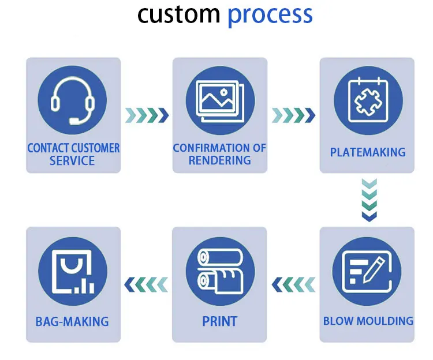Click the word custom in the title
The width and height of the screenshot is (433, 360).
coord(178,15)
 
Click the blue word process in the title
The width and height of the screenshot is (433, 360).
coord(270,16)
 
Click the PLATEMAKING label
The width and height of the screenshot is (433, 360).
coord(368,152)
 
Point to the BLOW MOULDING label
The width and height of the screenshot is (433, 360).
coord(368,321)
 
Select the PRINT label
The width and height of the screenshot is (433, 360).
coord(220,321)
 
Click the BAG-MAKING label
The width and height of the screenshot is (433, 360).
coord(72,321)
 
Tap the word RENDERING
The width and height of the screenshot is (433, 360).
coord(220,160)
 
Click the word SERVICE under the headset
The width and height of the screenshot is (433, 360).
coord(72,161)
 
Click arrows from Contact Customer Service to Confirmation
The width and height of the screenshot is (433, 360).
coord(147,115)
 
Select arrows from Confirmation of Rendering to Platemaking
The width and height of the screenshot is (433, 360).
coord(293,115)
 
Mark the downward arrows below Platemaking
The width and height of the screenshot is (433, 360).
coord(368,200)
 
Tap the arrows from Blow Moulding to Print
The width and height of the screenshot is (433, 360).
coord(293,284)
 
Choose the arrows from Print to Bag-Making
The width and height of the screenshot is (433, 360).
coord(147,284)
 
